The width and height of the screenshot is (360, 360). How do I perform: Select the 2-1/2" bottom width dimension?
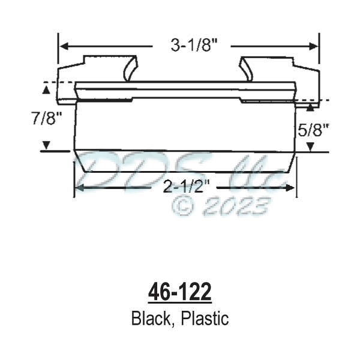pos(184,188)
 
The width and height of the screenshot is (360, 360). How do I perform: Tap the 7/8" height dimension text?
pos(46,118)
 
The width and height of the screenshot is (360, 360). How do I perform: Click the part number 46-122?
pos(179,293)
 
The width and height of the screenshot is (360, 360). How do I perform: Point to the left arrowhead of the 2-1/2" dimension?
pos(79,188)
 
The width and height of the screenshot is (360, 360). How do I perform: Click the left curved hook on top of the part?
pos(130,68)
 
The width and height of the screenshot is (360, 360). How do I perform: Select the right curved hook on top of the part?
pos(246,68)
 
